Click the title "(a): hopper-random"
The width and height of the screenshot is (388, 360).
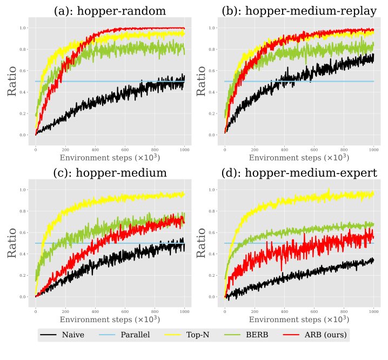click(110, 11)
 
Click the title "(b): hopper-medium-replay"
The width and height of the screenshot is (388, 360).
click(299, 11)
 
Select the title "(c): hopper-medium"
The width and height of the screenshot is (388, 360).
click(110, 173)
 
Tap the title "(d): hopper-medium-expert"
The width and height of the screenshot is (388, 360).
click(299, 173)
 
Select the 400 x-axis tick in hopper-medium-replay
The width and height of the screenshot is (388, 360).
click(284, 149)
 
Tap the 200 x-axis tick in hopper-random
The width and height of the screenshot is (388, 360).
click(65, 149)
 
